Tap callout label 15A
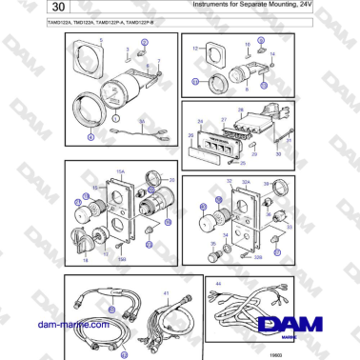coord(122,171)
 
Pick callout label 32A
coord(246,181)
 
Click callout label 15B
coord(122,258)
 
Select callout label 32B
coord(258,257)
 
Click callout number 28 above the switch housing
coord(241,111)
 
